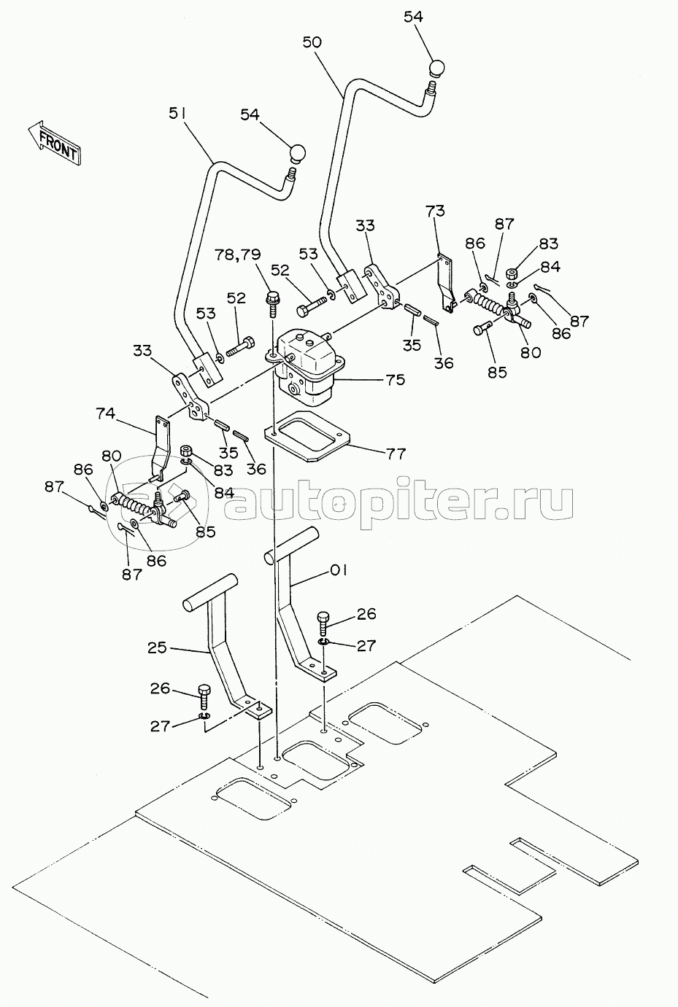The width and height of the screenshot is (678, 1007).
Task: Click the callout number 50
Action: (x=312, y=42)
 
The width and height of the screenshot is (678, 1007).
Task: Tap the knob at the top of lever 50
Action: (x=436, y=69)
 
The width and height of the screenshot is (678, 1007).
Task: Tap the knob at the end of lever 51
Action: (x=298, y=154)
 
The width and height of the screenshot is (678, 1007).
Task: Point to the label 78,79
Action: (x=237, y=254)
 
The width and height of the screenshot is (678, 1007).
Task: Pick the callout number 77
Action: (x=396, y=454)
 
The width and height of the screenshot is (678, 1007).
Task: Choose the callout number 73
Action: (x=434, y=211)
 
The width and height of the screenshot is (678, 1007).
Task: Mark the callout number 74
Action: (x=106, y=413)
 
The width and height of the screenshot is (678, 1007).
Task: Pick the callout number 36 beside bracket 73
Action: (x=444, y=362)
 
